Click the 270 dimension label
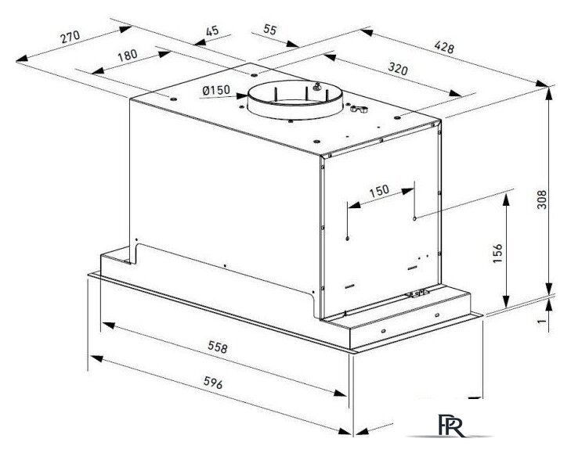pos(70,37)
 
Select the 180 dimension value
pos(128,56)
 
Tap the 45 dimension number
pos(212,31)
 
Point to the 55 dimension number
pos(270,30)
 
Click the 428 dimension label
pos(444,47)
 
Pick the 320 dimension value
pos(398,68)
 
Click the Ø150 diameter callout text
pos(216,90)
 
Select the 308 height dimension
pos(542,200)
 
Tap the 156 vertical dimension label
pos(497,253)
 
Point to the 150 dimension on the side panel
pos(379,191)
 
